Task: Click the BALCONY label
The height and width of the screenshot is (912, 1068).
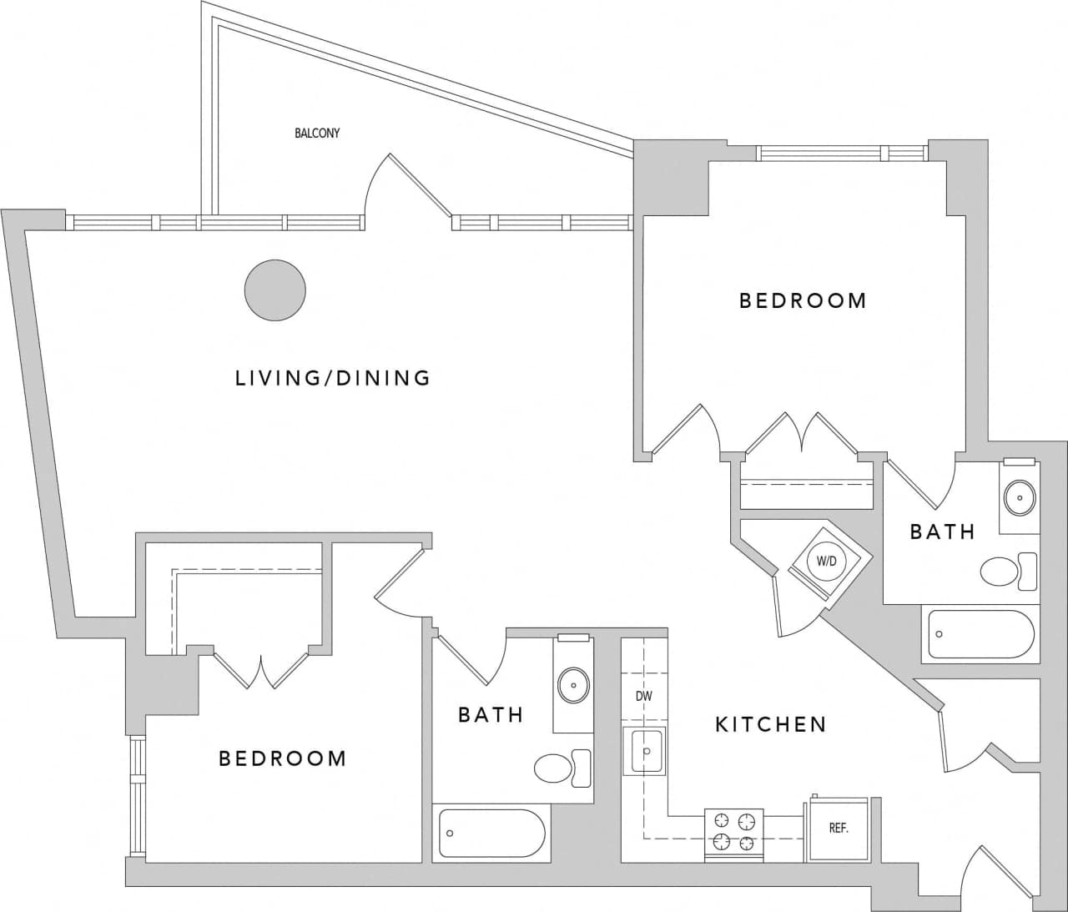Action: pyautogui.click(x=317, y=133)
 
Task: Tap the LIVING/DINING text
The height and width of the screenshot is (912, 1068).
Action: pyautogui.click(x=333, y=378)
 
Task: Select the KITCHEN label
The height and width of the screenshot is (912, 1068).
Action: pyautogui.click(x=770, y=724)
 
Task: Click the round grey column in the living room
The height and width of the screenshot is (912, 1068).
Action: pyautogui.click(x=275, y=290)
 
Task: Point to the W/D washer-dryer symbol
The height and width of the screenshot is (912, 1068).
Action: pyautogui.click(x=826, y=562)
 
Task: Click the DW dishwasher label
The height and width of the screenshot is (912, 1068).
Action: pyautogui.click(x=643, y=696)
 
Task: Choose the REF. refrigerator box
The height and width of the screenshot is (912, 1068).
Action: pyautogui.click(x=838, y=829)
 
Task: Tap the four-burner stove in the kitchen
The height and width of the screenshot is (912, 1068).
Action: pyautogui.click(x=734, y=834)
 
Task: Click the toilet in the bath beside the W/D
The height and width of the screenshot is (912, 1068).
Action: pyautogui.click(x=1006, y=572)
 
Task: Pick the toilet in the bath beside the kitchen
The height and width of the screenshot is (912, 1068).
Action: pyautogui.click(x=561, y=768)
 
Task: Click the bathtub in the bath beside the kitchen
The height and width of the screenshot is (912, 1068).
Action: pyautogui.click(x=491, y=833)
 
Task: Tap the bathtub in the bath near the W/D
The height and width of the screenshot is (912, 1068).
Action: pyautogui.click(x=981, y=634)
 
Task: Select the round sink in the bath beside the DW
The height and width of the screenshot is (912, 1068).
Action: pyautogui.click(x=572, y=684)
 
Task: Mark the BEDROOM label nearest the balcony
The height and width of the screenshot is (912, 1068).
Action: pyautogui.click(x=803, y=300)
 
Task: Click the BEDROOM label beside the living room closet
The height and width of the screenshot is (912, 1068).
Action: pyautogui.click(x=282, y=758)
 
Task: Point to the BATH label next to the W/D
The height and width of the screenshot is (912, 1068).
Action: pyautogui.click(x=942, y=532)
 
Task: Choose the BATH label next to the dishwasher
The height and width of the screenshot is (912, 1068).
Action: pyautogui.click(x=491, y=715)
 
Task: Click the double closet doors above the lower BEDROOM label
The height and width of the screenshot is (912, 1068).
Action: pyautogui.click(x=261, y=668)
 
